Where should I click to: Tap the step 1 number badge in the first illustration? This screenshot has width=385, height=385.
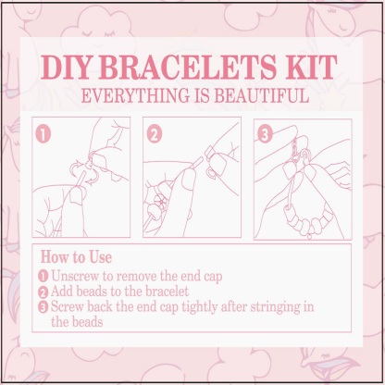pos(42,132)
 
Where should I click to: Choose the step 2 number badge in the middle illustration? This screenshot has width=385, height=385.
pos(154,132)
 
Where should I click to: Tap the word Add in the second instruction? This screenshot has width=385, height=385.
pos(64,292)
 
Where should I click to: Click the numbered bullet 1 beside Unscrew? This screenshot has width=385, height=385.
pos(43,276)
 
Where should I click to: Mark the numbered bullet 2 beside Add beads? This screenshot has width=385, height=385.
pos(43,292)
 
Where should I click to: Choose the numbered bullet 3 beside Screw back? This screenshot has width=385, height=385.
pos(43,308)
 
